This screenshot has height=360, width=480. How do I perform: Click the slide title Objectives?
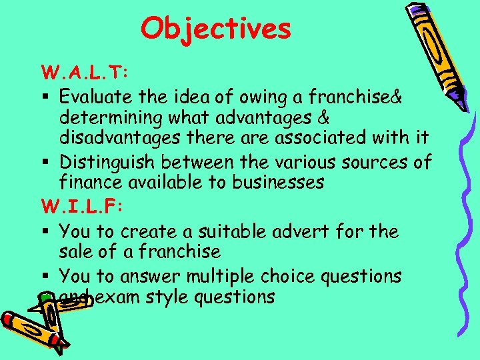pyautogui.click(x=216, y=28)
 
